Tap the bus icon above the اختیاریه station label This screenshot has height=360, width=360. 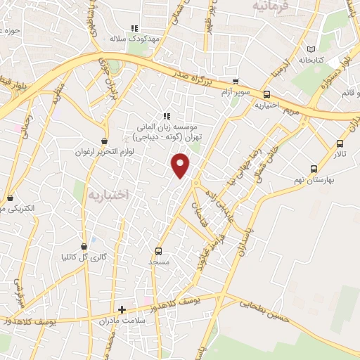(x=266, y=94)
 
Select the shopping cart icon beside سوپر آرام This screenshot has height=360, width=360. (x=236, y=81)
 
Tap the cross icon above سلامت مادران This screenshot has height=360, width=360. (x=122, y=309)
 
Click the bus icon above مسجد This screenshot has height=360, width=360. (x=159, y=251)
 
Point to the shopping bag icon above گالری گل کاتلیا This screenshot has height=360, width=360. (x=85, y=246)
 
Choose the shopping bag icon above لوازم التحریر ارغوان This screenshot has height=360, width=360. (x=105, y=140)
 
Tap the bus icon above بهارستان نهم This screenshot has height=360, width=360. (x=314, y=168)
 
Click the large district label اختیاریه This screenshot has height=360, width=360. (x=106, y=194)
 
